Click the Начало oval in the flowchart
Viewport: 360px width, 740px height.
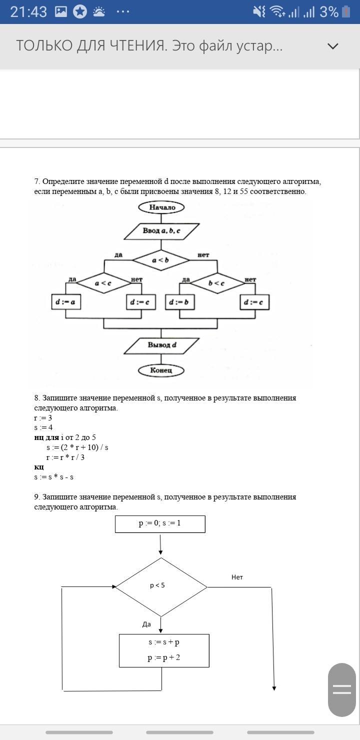coord(161,207)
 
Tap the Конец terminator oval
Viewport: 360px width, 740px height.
coord(161,370)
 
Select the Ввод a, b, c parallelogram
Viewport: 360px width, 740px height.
coord(161,231)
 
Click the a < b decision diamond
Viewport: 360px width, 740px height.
coord(161,260)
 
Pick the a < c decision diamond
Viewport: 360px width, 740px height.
coord(103,283)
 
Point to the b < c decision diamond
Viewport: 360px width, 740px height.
coord(217,283)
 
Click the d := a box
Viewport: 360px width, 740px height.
coord(66,302)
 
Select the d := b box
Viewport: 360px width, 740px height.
coord(180,302)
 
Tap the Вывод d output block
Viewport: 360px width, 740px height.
coord(161,345)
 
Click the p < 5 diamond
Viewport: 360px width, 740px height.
coord(161,586)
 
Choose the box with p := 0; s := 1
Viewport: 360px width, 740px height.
coord(160,523)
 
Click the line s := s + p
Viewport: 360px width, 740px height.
coord(164,642)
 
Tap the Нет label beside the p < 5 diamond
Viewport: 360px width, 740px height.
coord(237,577)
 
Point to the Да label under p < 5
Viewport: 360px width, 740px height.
coord(146,624)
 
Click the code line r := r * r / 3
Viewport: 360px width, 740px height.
coord(65,457)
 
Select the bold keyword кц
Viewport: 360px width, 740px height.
coord(39,467)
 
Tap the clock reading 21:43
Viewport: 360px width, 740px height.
coord(28,12)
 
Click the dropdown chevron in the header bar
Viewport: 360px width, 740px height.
coord(332,46)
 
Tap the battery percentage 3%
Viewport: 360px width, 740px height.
coord(329,12)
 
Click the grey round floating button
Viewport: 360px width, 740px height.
coord(342,690)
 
